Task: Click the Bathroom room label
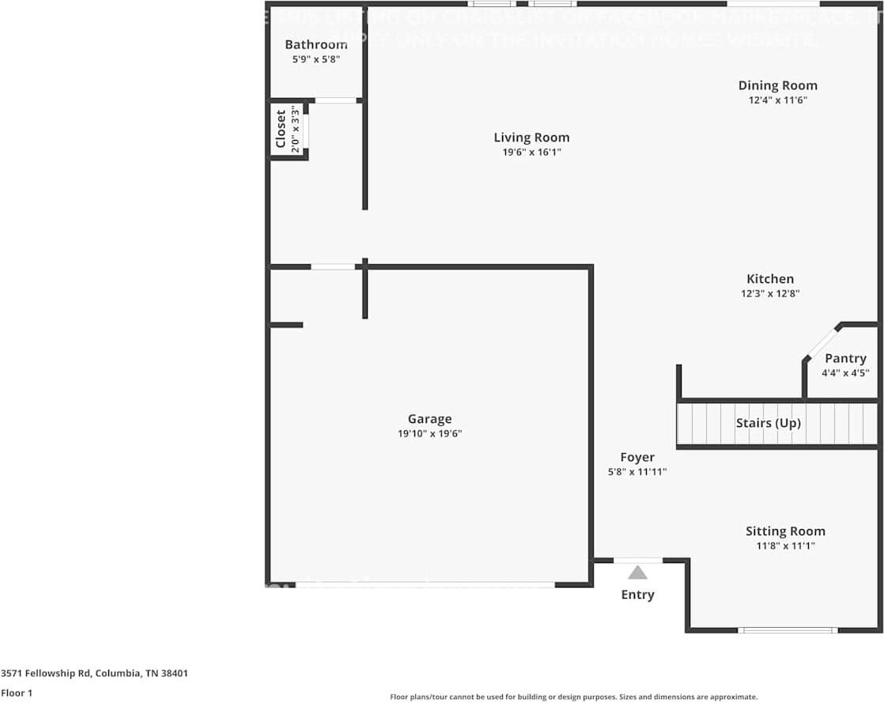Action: coord(316,44)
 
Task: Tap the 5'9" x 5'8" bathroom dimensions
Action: coord(316,59)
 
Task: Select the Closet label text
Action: coord(281,129)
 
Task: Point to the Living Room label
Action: coord(531,138)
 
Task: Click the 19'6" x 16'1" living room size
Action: coord(531,152)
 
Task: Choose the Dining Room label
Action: coord(777,85)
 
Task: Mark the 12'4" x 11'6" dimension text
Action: coord(777,100)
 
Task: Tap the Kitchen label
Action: coord(770,278)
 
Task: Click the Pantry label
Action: coord(845,358)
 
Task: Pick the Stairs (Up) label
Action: coord(768,423)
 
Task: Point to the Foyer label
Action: coord(637,457)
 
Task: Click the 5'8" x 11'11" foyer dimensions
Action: coord(637,472)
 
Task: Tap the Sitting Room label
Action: coord(785,531)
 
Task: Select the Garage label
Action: coord(429,419)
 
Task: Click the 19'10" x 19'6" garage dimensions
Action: coord(429,434)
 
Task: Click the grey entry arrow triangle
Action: coord(637,573)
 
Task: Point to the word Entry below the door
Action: coord(637,595)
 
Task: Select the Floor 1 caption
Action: coord(16,694)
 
